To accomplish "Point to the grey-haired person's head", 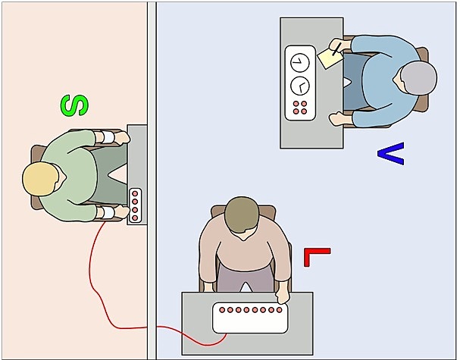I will coord(418,80).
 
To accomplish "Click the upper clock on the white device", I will coord(299,61).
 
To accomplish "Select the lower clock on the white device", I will coord(299,83).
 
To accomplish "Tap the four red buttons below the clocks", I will coord(299,107).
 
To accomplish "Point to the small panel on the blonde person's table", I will coord(135,205).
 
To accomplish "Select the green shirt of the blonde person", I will coord(72,178).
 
